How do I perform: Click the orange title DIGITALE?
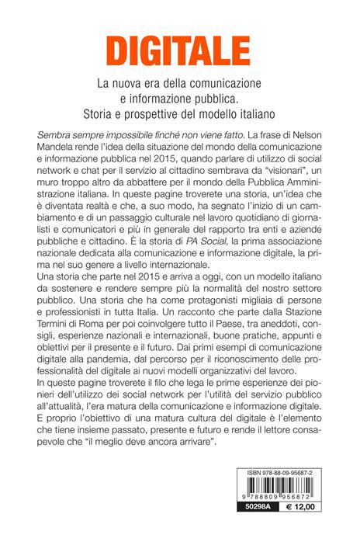[x=180, y=50]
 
